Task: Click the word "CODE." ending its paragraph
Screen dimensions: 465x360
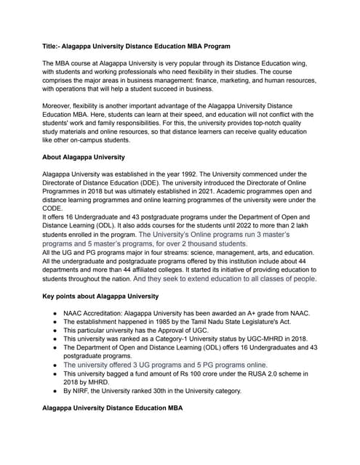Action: coord(55,209)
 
